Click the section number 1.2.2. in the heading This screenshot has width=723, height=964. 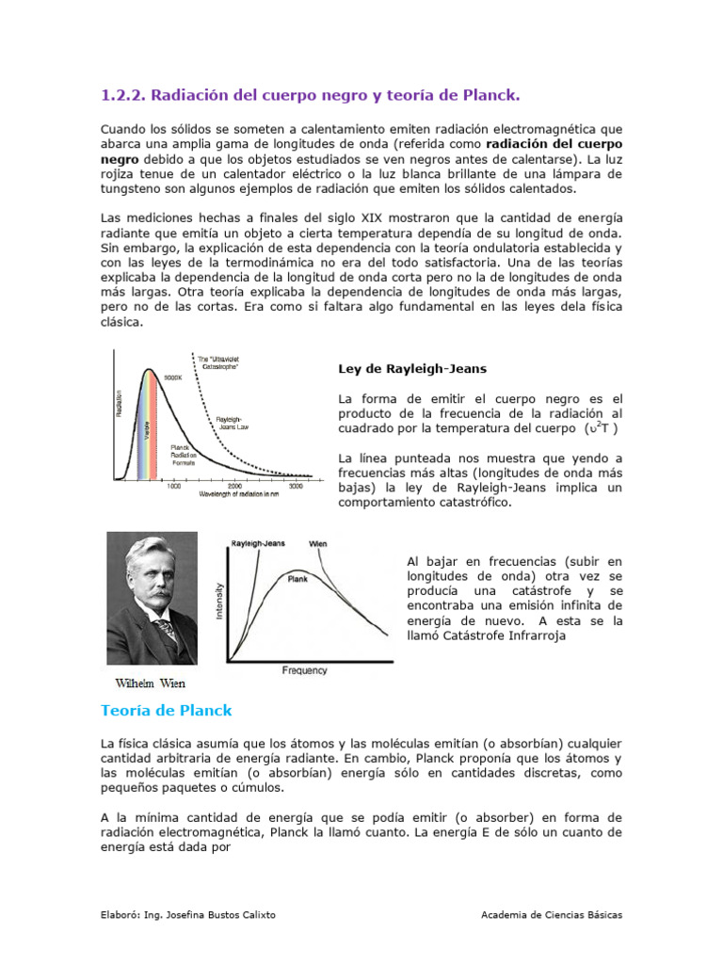click(122, 95)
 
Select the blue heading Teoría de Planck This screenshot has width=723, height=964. click(166, 710)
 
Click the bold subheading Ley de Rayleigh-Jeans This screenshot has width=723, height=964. click(412, 368)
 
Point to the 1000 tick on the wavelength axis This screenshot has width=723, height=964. click(174, 486)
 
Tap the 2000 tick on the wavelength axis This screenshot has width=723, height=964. click(235, 486)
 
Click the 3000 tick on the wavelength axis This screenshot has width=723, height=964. click(296, 486)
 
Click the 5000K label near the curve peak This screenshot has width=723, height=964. click(173, 378)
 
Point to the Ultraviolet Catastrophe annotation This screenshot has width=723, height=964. click(217, 361)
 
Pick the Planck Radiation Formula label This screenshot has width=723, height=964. click(185, 454)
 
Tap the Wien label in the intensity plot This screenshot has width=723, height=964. click(318, 544)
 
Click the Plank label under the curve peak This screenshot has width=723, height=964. click(297, 580)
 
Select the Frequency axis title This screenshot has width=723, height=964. click(304, 670)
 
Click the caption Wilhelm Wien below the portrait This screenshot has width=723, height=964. click(152, 683)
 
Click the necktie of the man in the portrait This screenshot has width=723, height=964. click(167, 628)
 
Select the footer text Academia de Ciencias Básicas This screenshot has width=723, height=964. click(551, 914)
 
